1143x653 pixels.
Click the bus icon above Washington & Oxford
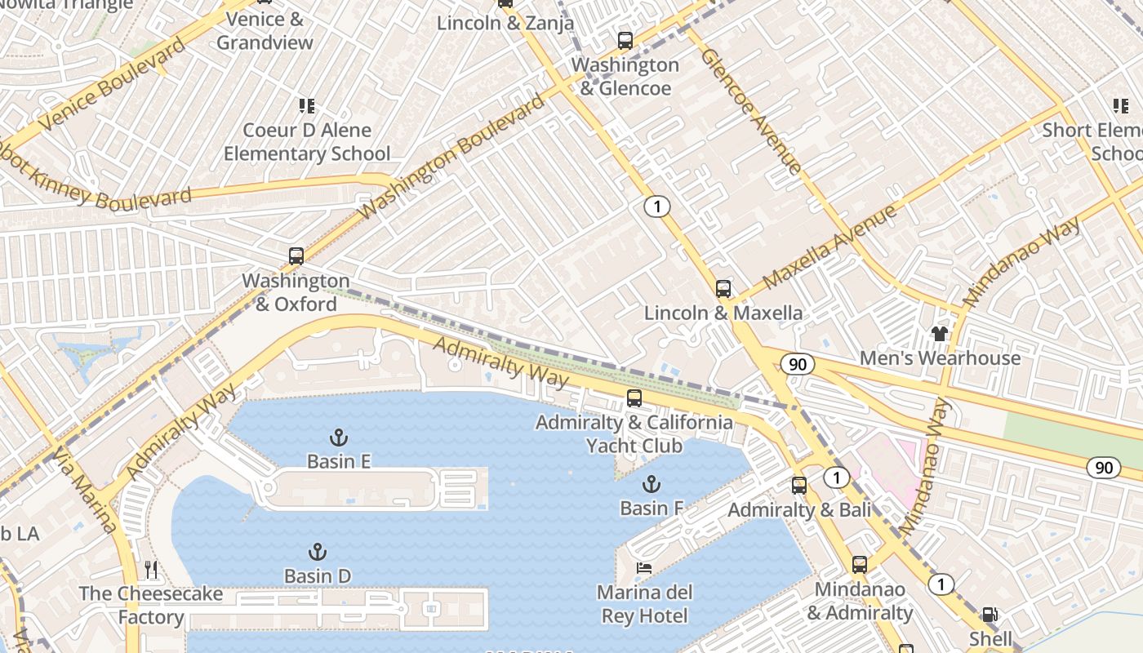[x=296, y=255]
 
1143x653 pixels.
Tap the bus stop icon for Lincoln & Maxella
[x=723, y=288]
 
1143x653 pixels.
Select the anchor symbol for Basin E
[x=339, y=438]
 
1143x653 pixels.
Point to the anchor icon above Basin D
[x=318, y=553]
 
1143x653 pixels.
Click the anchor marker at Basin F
[x=651, y=485]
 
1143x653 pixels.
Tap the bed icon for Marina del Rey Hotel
[x=644, y=568]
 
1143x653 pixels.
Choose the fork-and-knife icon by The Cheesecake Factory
[x=151, y=569]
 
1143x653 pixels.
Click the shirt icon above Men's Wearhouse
[x=940, y=333]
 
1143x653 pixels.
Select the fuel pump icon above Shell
[x=990, y=615]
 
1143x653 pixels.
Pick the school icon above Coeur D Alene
[x=307, y=105]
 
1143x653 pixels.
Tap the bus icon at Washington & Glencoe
[x=625, y=40]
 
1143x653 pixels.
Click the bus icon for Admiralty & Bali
[x=799, y=486]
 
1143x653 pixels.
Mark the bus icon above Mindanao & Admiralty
[x=860, y=565]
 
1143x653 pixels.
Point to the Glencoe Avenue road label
[x=750, y=110]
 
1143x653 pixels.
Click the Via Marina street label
[x=85, y=490]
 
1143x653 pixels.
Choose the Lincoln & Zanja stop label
[x=505, y=23]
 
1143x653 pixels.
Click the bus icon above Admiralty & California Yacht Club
[x=634, y=398]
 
